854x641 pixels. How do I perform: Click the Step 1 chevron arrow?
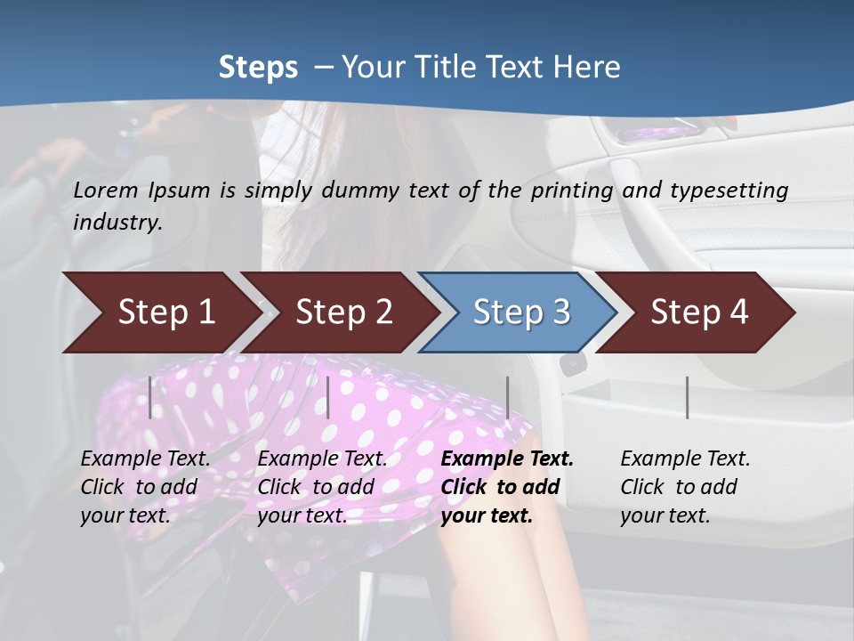point(160,312)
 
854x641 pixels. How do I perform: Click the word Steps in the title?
point(258,68)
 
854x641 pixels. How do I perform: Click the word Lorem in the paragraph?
point(106,190)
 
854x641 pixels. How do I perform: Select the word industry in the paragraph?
point(117,222)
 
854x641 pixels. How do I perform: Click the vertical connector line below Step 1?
point(150,397)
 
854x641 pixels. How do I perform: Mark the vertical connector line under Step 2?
point(328,397)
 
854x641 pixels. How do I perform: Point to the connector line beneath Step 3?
point(508,397)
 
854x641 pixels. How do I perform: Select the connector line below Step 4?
point(687,397)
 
